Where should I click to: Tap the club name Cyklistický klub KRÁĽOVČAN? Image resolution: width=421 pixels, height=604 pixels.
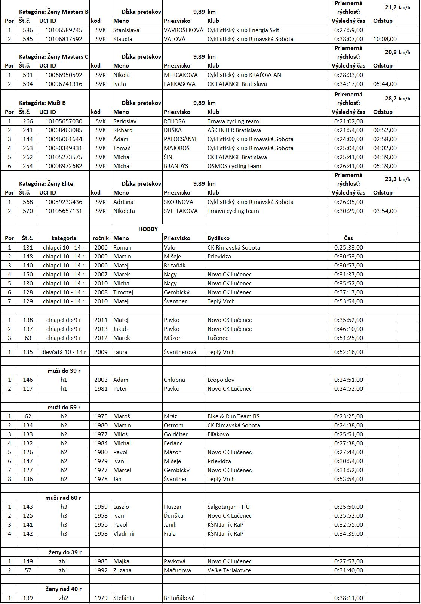(244, 75)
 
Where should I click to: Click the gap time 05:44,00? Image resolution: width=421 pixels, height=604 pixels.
(385, 84)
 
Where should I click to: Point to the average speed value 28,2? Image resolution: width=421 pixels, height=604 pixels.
(391, 99)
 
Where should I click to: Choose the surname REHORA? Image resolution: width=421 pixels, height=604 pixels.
(174, 121)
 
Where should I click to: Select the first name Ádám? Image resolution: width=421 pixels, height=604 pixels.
(121, 139)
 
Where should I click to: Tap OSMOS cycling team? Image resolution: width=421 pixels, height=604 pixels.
(234, 166)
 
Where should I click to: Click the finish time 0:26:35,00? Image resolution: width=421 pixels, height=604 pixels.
(348, 202)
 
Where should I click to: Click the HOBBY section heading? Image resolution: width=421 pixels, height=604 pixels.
(148, 229)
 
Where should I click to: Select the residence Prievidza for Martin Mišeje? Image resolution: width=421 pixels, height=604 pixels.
(219, 257)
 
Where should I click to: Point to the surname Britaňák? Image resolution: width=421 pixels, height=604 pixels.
(175, 266)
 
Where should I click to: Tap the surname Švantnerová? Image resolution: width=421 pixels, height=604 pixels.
(180, 352)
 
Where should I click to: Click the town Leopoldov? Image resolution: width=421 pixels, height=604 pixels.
(221, 380)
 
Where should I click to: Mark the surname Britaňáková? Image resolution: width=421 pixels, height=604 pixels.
(179, 598)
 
